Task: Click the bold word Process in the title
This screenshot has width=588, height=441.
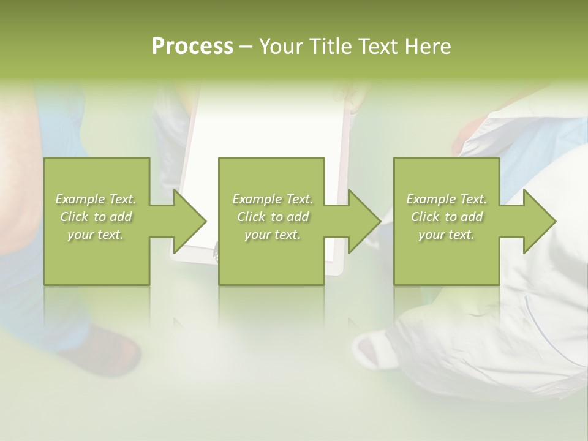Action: pos(192,46)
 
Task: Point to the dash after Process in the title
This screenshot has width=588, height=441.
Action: pos(246,47)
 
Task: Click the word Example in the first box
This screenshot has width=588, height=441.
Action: pos(80,198)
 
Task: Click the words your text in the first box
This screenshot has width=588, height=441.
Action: pos(95,235)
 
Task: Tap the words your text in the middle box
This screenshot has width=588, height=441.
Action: pos(272,235)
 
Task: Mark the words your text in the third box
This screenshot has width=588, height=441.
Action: pos(446,235)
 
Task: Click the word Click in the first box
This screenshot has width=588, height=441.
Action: pos(74,217)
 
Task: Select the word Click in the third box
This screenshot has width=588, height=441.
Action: pos(425,217)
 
